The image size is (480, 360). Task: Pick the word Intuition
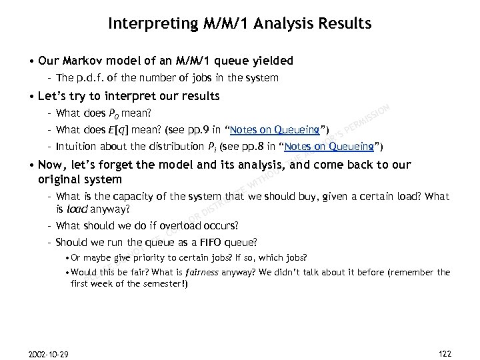(78, 147)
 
